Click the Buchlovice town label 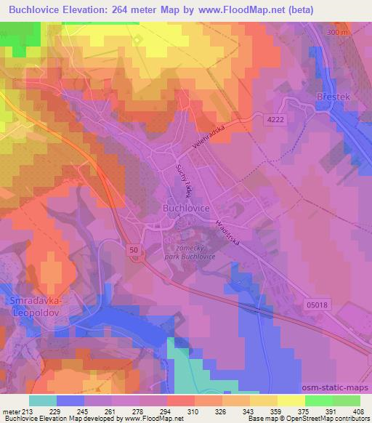[185, 207]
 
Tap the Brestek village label [334, 95]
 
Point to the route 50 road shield [134, 250]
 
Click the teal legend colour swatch [43, 400]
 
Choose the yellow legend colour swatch [291, 400]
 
